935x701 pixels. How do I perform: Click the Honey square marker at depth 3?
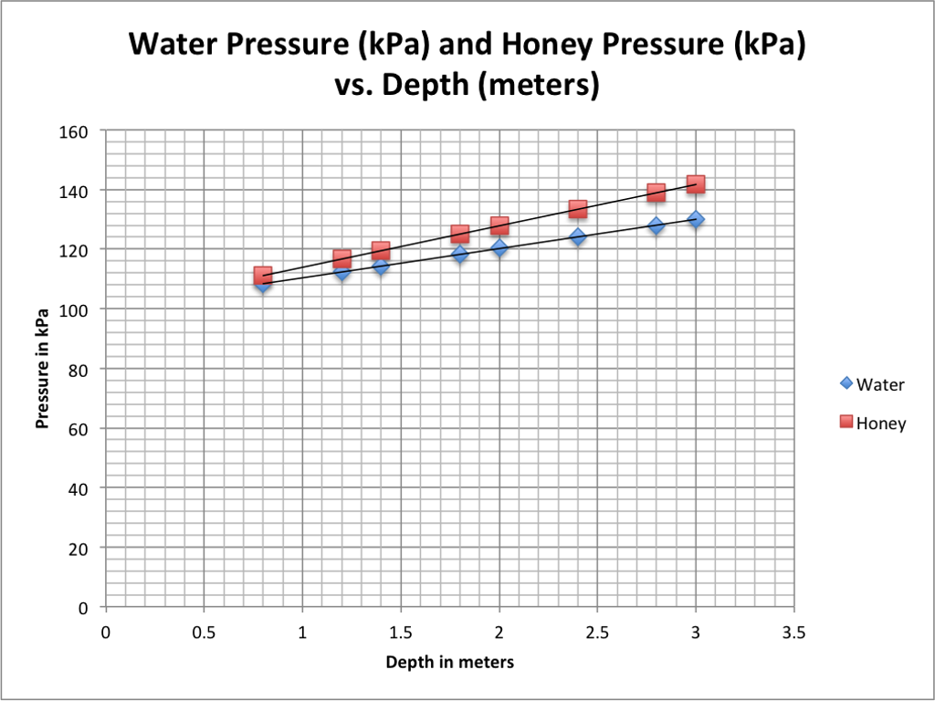(696, 184)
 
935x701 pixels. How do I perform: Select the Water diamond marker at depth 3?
(696, 219)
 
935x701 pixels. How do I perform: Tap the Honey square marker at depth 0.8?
(263, 275)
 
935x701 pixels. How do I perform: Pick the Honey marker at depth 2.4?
(578, 209)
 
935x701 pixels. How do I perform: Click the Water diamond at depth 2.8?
(657, 225)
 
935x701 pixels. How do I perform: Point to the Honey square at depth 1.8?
(460, 234)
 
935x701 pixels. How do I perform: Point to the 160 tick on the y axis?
(79, 131)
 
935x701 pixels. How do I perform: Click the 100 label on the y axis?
(79, 309)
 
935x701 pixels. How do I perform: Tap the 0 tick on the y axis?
(83, 607)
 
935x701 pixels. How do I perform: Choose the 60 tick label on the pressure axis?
(79, 429)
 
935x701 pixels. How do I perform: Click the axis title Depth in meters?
(449, 662)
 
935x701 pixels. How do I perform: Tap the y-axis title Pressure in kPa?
(42, 369)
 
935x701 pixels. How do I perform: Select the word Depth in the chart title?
(427, 85)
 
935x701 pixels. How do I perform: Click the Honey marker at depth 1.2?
(341, 258)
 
